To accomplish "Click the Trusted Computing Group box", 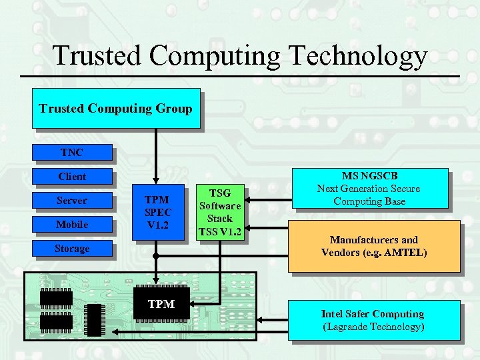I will pyautogui.click(x=116, y=108).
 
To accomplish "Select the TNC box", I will pyautogui.click(x=72, y=153).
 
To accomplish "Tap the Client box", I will pyautogui.click(x=72, y=177).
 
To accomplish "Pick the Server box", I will pyautogui.click(x=72, y=201).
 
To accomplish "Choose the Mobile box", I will pyautogui.click(x=72, y=225).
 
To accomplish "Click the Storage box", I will pyautogui.click(x=72, y=249).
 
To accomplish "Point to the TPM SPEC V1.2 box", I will pyautogui.click(x=158, y=212).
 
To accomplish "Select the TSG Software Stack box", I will pyautogui.click(x=219, y=212).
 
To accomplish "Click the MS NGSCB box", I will pyautogui.click(x=369, y=188).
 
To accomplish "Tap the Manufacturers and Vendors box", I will pyautogui.click(x=373, y=246).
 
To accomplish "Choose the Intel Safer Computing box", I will pyautogui.click(x=373, y=320).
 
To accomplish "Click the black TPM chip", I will pyautogui.click(x=161, y=304).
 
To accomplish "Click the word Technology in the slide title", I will pyautogui.click(x=354, y=56).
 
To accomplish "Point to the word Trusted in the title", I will pyautogui.click(x=97, y=56).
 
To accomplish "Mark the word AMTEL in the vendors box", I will pyautogui.click(x=406, y=253).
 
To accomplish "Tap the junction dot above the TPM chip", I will pyautogui.click(x=155, y=255).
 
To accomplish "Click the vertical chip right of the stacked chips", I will pyautogui.click(x=95, y=319).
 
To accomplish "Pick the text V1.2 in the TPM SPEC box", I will pyautogui.click(x=158, y=225).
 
